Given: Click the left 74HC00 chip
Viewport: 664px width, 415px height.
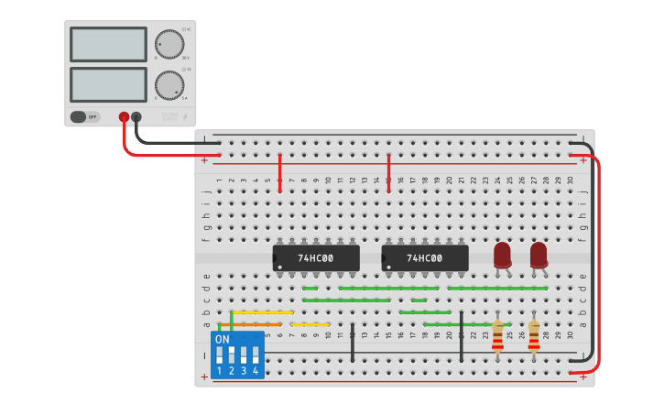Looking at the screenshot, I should point(315,258).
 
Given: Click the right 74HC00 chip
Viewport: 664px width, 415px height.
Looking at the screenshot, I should point(424,258).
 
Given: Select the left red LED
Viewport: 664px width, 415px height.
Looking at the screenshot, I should point(502,255).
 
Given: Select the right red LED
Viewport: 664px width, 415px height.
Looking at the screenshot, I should point(539,255).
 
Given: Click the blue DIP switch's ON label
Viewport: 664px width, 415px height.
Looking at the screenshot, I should point(222,339).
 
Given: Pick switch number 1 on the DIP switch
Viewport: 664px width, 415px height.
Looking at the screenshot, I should point(220,355).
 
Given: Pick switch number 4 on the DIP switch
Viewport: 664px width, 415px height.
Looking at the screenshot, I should point(256,355).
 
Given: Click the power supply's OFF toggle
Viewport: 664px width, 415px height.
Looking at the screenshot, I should point(84,116).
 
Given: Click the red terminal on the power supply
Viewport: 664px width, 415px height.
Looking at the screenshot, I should point(124,116).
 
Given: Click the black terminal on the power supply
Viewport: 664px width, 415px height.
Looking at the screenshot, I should point(136,116).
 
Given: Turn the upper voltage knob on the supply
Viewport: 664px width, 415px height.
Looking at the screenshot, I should point(169,44).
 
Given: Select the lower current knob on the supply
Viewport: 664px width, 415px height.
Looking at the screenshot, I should point(169,85).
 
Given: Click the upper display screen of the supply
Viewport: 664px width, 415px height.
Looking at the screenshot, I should point(108,44).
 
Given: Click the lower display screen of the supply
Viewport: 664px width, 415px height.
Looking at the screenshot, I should point(108,84).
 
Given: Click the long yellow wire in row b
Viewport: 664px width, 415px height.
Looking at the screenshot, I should point(262,312).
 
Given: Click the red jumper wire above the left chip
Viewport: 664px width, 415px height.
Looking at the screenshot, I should point(279,172).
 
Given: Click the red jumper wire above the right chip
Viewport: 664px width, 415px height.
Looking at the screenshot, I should point(388,172).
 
